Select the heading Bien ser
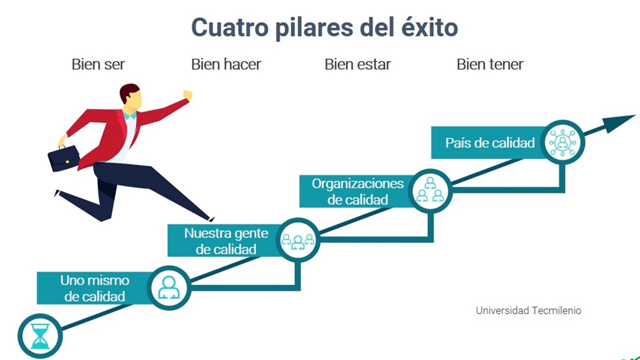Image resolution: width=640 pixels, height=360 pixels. point(98,64)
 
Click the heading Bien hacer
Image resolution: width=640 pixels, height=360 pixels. point(226,64)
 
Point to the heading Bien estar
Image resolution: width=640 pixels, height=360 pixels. point(357,64)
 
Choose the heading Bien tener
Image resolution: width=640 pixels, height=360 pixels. point(490,64)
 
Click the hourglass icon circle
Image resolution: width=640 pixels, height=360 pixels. point(40,336)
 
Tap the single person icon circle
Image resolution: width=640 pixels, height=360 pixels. point(169,287)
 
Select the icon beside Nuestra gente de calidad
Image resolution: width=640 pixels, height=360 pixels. point(297,239)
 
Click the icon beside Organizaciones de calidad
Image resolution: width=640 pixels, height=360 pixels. point(430,191)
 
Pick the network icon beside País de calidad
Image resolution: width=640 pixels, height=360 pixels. point(562,142)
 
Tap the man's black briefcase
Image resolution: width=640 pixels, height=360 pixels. point(63,158)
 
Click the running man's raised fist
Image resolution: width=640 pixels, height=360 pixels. point(187,95)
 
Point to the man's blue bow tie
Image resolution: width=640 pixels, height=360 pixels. point(129,115)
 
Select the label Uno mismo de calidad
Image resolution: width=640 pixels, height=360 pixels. point(94,288)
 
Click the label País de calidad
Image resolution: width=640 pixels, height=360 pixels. point(490,142)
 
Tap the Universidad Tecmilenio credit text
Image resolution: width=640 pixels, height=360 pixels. point(528,310)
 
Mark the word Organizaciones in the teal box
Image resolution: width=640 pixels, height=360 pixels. point(357,183)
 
